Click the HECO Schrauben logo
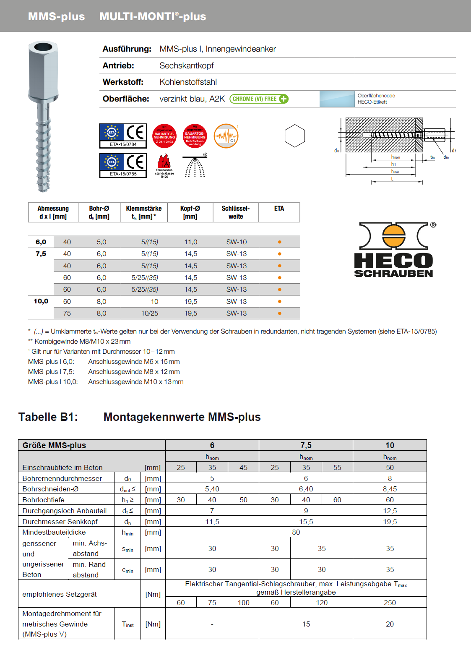tap(393, 250)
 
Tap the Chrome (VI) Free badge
tap(259, 99)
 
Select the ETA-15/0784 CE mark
tap(123, 136)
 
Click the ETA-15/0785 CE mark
tap(123, 165)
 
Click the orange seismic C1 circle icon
tap(226, 136)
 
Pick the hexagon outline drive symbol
tap(294, 136)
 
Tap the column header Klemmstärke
tap(144, 209)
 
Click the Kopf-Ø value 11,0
tap(190, 242)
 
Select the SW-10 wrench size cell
tap(237, 242)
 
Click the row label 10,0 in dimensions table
tap(41, 301)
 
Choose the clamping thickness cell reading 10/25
tap(150, 313)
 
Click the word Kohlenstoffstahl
tap(188, 82)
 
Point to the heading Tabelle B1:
tap(48, 417)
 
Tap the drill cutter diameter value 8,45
tap(390, 489)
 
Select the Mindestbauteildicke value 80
tap(296, 532)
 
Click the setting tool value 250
tap(390, 603)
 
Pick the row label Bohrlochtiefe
tap(44, 500)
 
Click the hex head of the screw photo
tap(43, 71)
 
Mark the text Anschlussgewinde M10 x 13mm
tap(135, 382)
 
